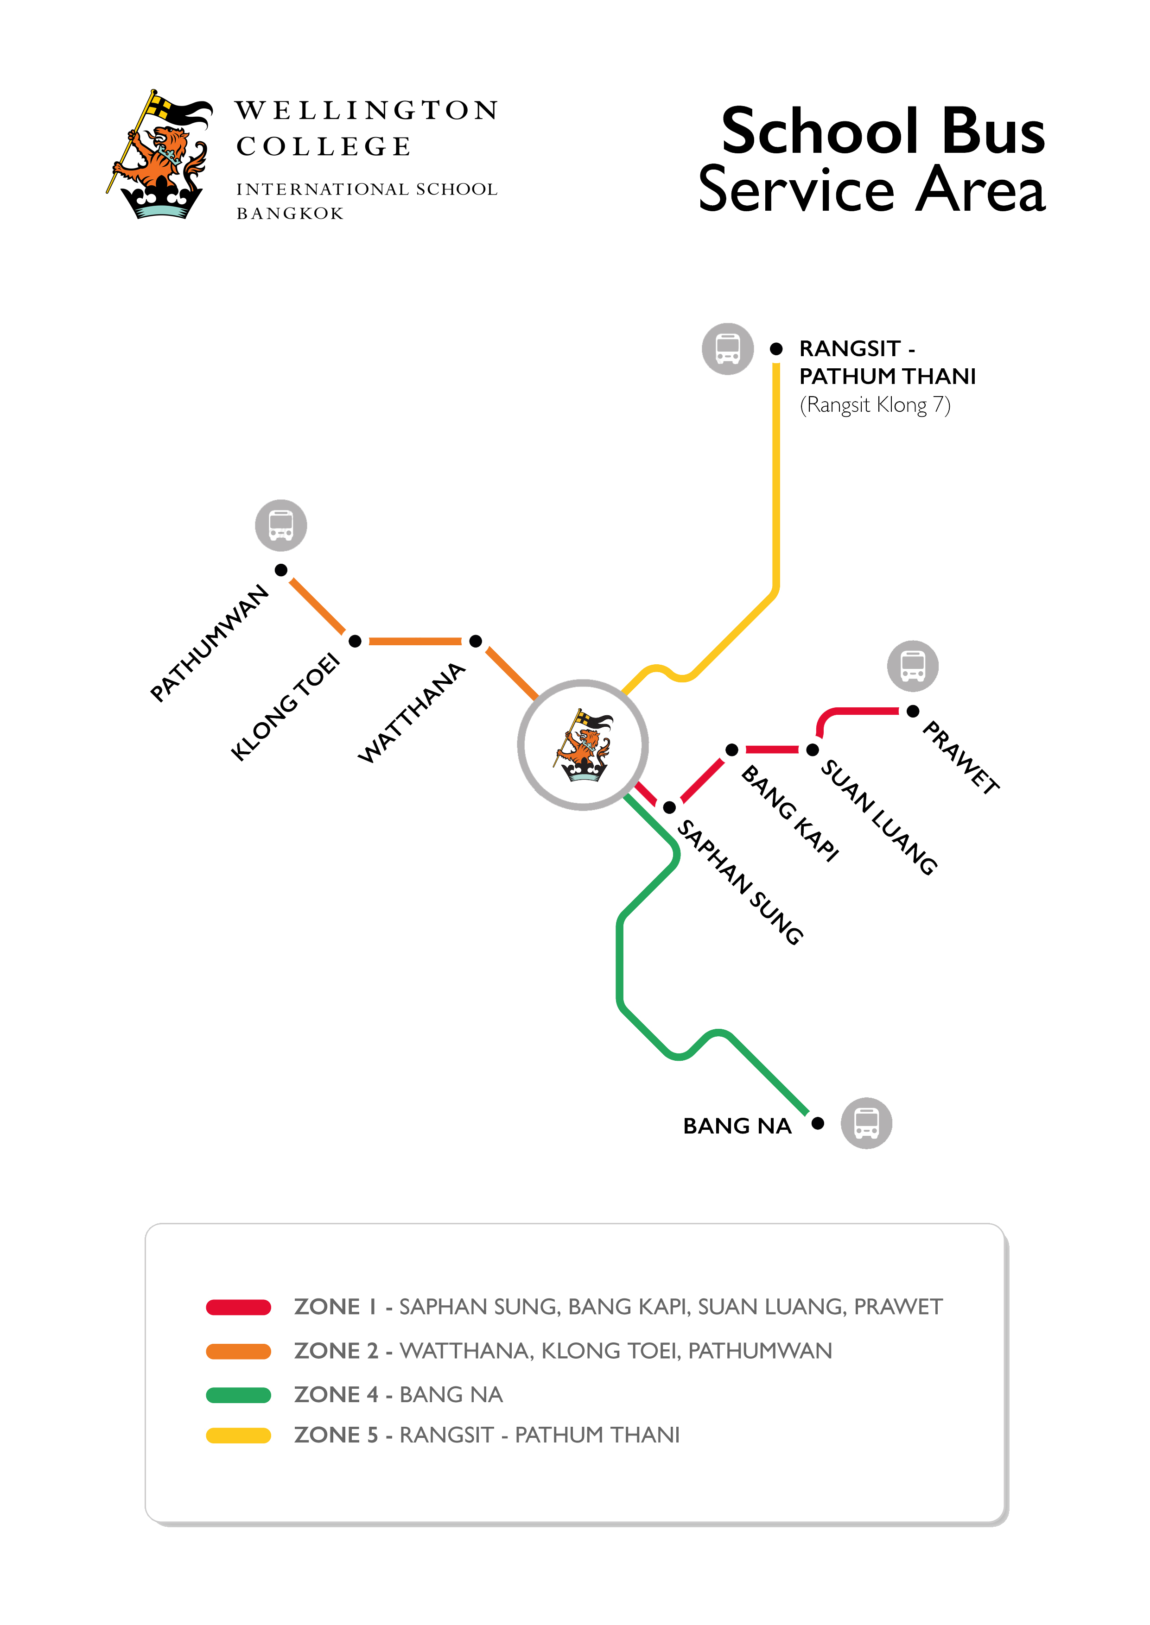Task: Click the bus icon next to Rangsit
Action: pyautogui.click(x=727, y=349)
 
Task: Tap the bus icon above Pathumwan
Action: pyautogui.click(x=281, y=525)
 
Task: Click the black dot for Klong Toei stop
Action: pyautogui.click(x=356, y=641)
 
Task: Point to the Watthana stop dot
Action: pyautogui.click(x=476, y=641)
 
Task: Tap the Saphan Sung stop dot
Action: pyautogui.click(x=669, y=807)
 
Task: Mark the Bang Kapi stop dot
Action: pyautogui.click(x=732, y=750)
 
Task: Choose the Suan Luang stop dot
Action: pyautogui.click(x=813, y=750)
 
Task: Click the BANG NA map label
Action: pyautogui.click(x=737, y=1126)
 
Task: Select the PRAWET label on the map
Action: pyautogui.click(x=961, y=757)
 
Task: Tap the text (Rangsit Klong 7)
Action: pyautogui.click(x=875, y=405)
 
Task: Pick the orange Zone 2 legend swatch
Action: pyautogui.click(x=239, y=1351)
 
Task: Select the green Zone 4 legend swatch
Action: pyautogui.click(x=239, y=1395)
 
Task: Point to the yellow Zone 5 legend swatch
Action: pyautogui.click(x=239, y=1436)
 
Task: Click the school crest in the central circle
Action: pyautogui.click(x=583, y=745)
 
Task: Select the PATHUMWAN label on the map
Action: pyautogui.click(x=210, y=643)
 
